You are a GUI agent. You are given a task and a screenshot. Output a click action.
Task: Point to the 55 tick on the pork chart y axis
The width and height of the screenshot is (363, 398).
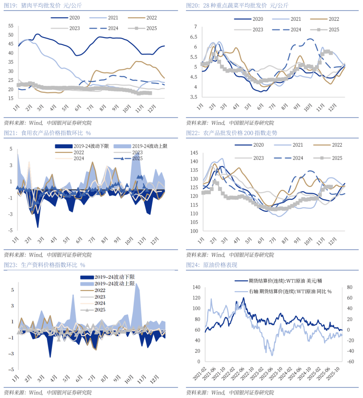[11, 26]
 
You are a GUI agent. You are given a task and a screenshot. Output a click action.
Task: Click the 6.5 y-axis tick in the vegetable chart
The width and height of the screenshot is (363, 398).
[194, 37]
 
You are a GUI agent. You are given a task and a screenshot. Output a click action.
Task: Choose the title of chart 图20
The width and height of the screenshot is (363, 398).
[237, 5]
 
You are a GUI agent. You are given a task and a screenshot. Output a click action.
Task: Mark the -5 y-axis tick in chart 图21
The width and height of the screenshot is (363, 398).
[11, 230]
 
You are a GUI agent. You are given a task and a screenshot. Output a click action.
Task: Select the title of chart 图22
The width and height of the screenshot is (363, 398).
[232, 133]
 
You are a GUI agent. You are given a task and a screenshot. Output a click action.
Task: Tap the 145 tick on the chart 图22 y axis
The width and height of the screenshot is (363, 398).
[194, 153]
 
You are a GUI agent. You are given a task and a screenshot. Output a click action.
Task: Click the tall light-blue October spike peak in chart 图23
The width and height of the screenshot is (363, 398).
[136, 284]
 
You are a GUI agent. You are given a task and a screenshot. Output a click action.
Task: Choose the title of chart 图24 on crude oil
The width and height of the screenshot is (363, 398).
[212, 265]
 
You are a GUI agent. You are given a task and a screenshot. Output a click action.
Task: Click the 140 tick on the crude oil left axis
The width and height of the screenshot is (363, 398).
[196, 287]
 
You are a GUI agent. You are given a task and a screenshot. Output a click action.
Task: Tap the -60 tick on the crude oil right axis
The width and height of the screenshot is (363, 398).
[350, 361]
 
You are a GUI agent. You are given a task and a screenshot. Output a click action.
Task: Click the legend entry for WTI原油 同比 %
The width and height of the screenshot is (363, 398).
[290, 291]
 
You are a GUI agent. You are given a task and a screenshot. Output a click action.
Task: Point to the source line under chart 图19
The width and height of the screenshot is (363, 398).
[48, 123]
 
